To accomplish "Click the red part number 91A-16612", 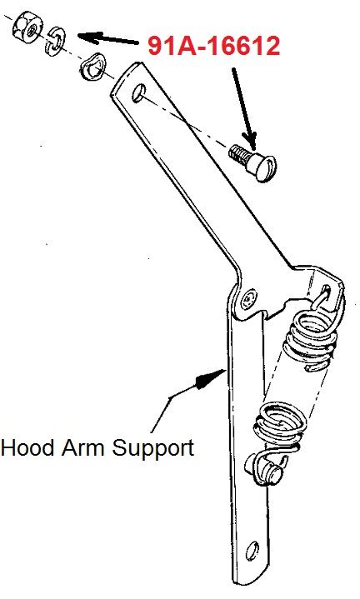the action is coord(214,47).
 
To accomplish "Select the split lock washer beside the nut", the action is coord(55,42).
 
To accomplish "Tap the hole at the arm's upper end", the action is coord(138,92).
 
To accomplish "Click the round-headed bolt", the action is coord(252,162).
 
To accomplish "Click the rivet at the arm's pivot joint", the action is coord(249,297).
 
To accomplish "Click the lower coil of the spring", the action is coord(281,424).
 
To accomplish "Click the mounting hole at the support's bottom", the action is coord(252,551).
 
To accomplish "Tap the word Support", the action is coord(152,449).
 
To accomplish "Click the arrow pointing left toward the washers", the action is coord(107,39).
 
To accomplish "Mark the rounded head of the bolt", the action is coord(263,167).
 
